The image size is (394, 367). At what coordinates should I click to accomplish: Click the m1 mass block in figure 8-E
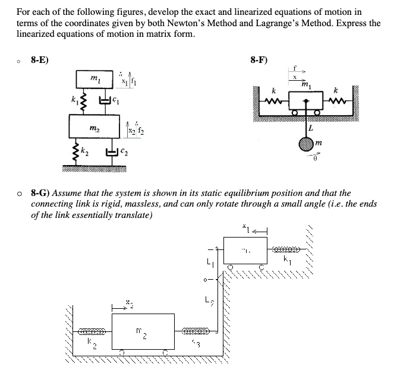pos(93,80)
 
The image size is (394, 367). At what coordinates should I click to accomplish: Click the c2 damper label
pos(126,153)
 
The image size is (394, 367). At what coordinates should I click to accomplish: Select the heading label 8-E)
pos(40,59)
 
